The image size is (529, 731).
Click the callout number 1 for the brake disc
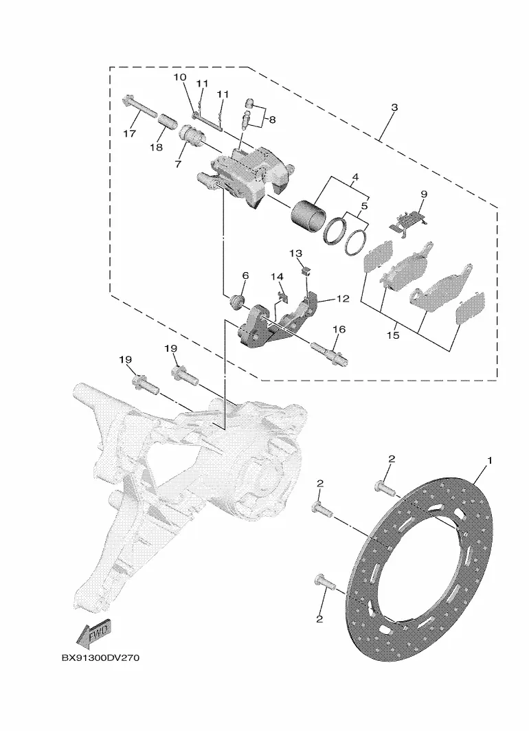[489, 461]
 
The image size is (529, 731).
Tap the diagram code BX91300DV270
[100, 658]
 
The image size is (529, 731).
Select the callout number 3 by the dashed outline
[394, 108]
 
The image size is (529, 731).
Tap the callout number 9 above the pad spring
[423, 194]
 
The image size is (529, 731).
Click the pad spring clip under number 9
[409, 220]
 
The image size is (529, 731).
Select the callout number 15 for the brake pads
[393, 335]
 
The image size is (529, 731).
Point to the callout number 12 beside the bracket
[343, 298]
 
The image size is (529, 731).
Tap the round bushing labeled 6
[238, 301]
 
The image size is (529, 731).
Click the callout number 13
[295, 254]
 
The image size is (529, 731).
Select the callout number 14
[277, 277]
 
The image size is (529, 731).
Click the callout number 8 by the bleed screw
[272, 120]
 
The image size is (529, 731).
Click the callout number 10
[181, 77]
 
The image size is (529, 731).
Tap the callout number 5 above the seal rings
[364, 205]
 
